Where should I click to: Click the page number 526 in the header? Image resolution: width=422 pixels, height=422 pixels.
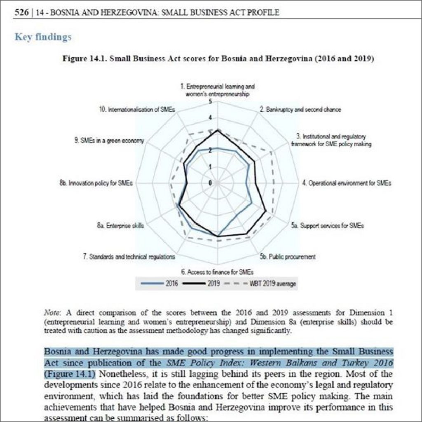tap(21, 13)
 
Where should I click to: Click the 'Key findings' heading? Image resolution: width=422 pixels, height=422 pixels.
tap(43, 37)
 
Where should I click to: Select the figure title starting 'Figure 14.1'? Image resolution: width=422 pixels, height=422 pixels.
tap(218, 59)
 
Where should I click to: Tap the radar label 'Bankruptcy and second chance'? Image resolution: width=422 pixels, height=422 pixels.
tap(300, 110)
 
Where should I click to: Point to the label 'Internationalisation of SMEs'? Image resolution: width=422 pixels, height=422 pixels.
tap(137, 110)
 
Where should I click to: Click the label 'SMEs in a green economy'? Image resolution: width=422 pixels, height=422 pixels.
tap(109, 141)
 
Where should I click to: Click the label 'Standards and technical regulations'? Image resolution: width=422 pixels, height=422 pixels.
tap(129, 257)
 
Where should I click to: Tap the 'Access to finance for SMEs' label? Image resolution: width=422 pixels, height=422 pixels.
tap(217, 272)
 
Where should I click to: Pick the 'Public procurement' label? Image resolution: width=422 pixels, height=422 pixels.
tap(288, 257)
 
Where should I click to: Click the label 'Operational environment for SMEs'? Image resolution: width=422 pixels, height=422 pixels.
tap(346, 183)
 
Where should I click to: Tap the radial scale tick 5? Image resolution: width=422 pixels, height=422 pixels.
tap(211, 102)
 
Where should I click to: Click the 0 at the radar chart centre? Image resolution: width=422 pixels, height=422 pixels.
tap(211, 183)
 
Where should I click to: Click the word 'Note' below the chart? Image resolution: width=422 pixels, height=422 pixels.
tap(50, 313)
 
